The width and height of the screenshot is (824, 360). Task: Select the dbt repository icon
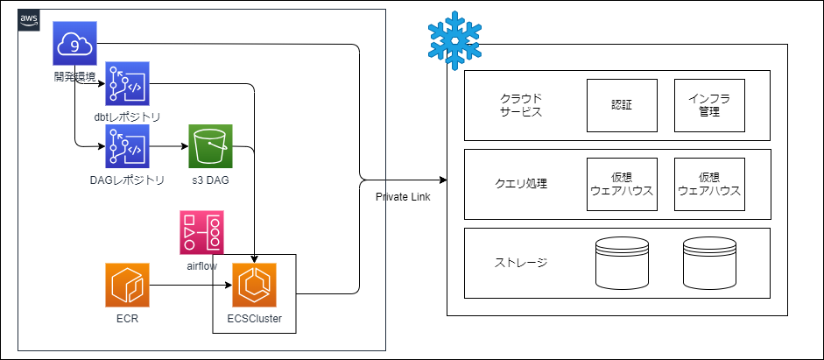[127, 84]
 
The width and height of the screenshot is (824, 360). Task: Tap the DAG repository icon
[127, 146]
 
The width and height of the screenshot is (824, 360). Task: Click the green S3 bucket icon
[210, 146]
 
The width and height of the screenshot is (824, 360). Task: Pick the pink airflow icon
[201, 232]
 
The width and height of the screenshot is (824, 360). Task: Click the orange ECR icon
[127, 285]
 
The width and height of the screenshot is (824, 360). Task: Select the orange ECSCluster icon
[254, 285]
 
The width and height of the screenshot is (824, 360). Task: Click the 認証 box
[622, 105]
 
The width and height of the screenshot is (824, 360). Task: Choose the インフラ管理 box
[709, 105]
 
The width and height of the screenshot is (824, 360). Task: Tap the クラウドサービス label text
[521, 105]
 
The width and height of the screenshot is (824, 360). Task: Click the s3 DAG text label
[210, 180]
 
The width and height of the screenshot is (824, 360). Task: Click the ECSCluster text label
[254, 319]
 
